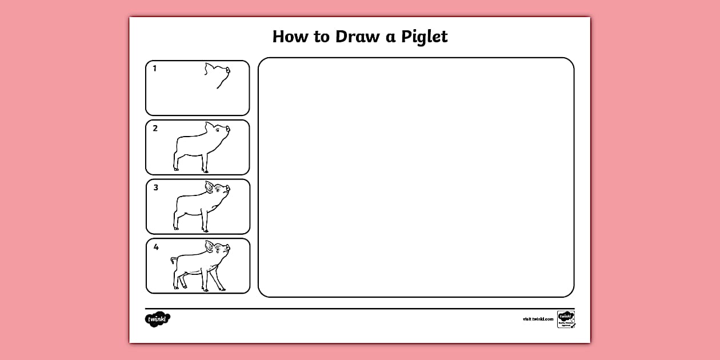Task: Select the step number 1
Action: [154, 69]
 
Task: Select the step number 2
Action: [155, 129]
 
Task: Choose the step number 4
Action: [155, 247]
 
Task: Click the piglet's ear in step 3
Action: [210, 186]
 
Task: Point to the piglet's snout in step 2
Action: [227, 129]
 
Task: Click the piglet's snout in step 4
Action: [227, 248]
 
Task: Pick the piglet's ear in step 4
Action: [210, 246]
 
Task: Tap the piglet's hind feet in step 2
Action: [176, 169]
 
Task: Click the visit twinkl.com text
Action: [538, 319]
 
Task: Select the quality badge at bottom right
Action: [566, 319]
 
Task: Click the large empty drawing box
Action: [416, 177]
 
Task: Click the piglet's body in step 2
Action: [191, 146]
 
